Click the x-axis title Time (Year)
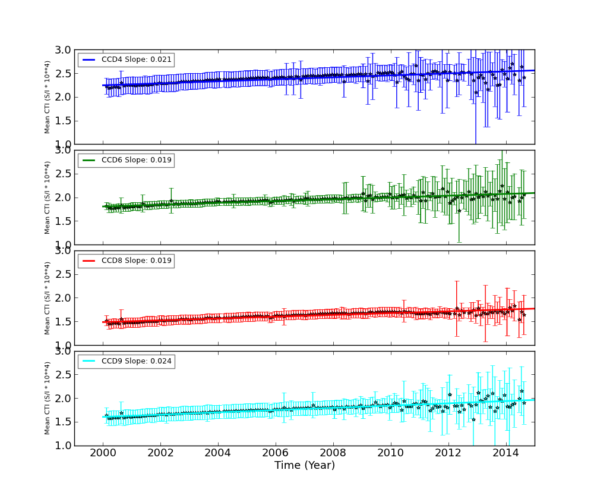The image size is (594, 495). coord(304,465)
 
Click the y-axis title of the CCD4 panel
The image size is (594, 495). coord(48,97)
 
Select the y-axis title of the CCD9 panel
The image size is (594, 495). coord(48,399)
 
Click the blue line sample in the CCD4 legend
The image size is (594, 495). coord(89,60)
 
